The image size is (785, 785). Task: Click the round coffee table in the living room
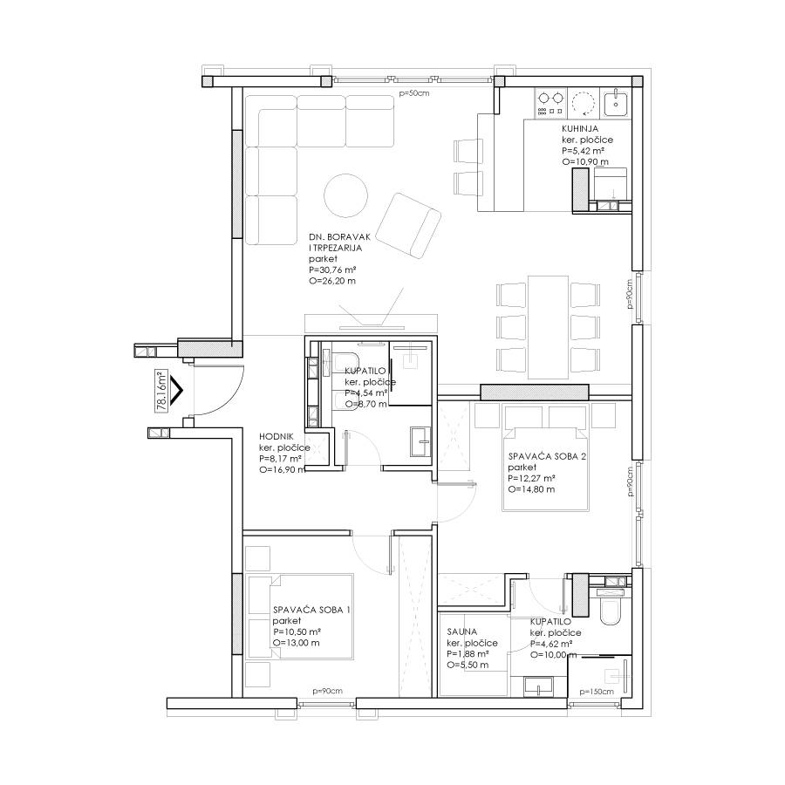(x=346, y=195)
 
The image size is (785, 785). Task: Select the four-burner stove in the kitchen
(x=550, y=103)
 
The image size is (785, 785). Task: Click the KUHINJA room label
(x=580, y=129)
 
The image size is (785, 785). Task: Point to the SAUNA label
(x=461, y=631)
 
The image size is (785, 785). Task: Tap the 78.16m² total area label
(x=161, y=391)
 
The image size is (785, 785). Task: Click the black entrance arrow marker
(x=176, y=391)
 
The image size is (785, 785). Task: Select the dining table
(x=549, y=327)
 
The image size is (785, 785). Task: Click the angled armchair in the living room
(x=408, y=226)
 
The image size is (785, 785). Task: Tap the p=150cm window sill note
(x=597, y=692)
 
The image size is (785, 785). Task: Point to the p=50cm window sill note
(x=413, y=93)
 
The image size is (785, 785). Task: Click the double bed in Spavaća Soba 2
(x=545, y=458)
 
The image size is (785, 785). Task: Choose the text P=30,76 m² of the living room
(x=332, y=270)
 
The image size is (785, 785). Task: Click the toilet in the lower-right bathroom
(x=611, y=607)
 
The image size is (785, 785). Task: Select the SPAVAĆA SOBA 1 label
(x=311, y=610)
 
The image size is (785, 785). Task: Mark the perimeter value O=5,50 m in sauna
(x=468, y=665)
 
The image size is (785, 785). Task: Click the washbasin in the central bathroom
(x=420, y=441)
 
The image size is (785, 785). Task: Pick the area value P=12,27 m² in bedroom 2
(x=532, y=479)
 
